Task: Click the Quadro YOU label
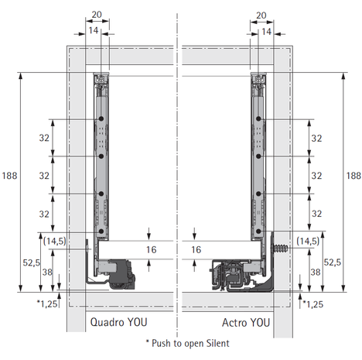118,322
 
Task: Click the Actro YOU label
246,323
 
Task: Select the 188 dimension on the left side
9,176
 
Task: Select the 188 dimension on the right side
353,176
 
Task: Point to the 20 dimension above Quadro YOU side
97,15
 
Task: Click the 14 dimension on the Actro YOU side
266,32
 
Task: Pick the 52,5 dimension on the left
32,262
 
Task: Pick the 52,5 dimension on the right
333,262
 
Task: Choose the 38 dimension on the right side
316,272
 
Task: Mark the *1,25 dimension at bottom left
47,303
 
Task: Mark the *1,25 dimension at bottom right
313,304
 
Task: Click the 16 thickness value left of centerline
151,249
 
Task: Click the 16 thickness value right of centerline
196,249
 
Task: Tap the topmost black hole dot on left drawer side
101,118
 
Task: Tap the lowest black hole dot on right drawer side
259,231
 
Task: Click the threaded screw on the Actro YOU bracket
281,249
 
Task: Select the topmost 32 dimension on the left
44,138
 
